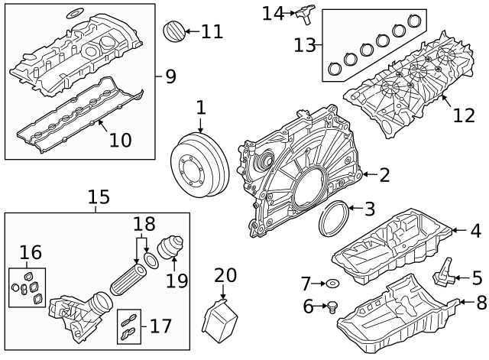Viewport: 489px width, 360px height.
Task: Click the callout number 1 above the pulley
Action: coord(200,108)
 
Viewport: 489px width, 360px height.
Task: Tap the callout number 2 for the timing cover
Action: coord(384,175)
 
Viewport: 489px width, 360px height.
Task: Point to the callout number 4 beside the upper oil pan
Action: coord(475,230)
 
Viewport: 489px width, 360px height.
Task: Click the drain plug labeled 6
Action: coord(332,309)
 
